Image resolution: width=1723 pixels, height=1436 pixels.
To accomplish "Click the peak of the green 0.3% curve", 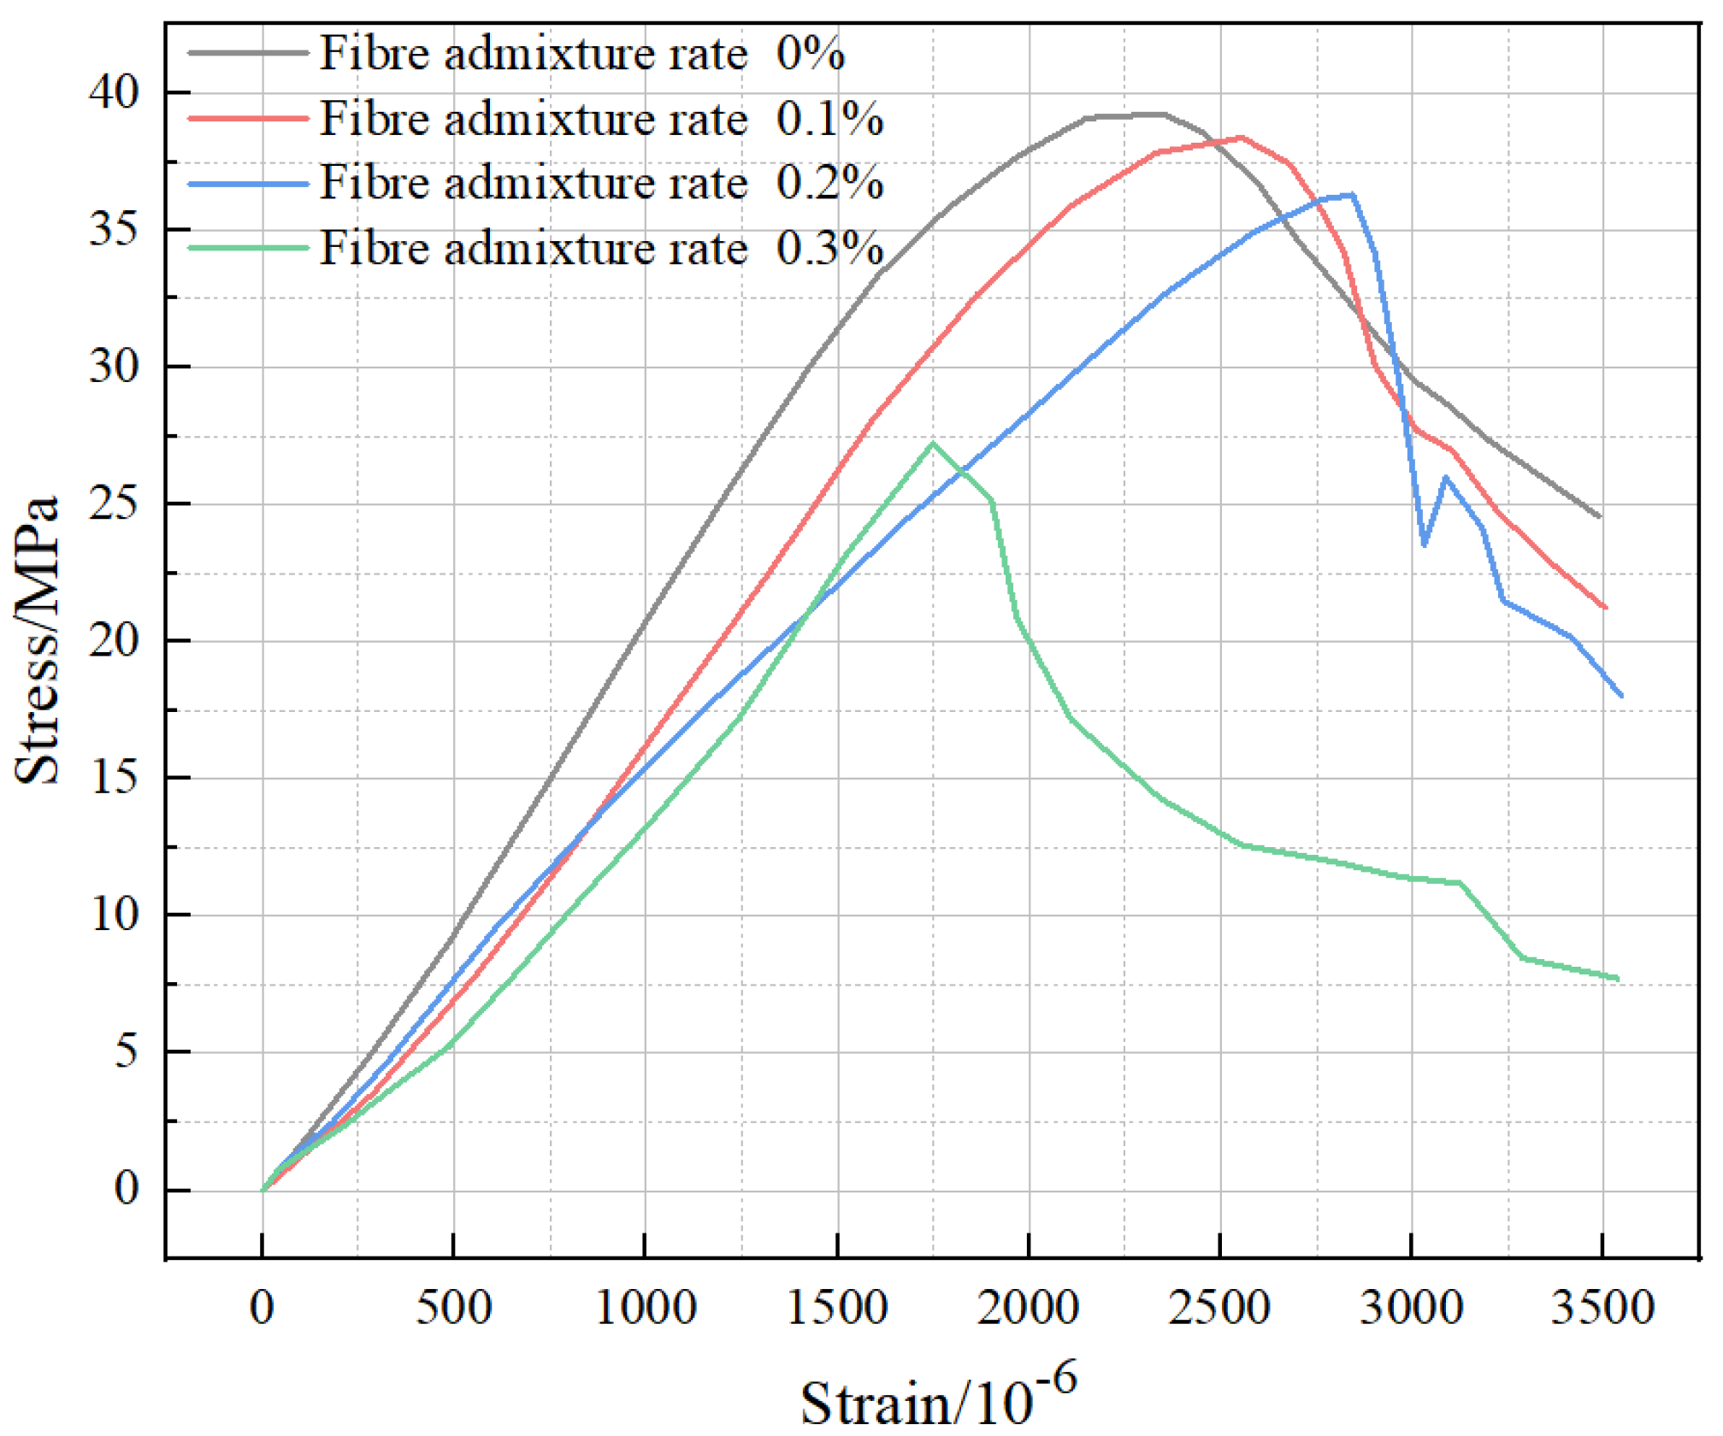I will (933, 443).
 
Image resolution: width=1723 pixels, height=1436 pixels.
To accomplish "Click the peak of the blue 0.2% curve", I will (1352, 195).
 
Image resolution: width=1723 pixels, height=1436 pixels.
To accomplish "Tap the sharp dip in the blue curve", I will (1424, 544).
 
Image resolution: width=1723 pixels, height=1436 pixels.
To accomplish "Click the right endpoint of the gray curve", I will (1599, 516).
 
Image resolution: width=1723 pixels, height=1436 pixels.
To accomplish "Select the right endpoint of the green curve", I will (1618, 980).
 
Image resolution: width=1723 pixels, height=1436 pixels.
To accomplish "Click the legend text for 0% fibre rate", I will (581, 53).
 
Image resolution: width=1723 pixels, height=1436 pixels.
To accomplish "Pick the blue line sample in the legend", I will (248, 184).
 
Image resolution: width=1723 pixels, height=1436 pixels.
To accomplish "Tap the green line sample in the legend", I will (248, 249).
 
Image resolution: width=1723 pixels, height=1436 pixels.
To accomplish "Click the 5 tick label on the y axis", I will (126, 1051).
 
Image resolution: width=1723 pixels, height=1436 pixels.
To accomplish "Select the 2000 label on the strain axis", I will (1028, 1309).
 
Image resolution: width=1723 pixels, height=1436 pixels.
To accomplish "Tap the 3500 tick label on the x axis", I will (1602, 1309).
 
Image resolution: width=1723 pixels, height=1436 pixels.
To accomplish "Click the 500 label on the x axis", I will (453, 1309).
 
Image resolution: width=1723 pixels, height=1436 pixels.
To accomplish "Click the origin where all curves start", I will (263, 1190).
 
